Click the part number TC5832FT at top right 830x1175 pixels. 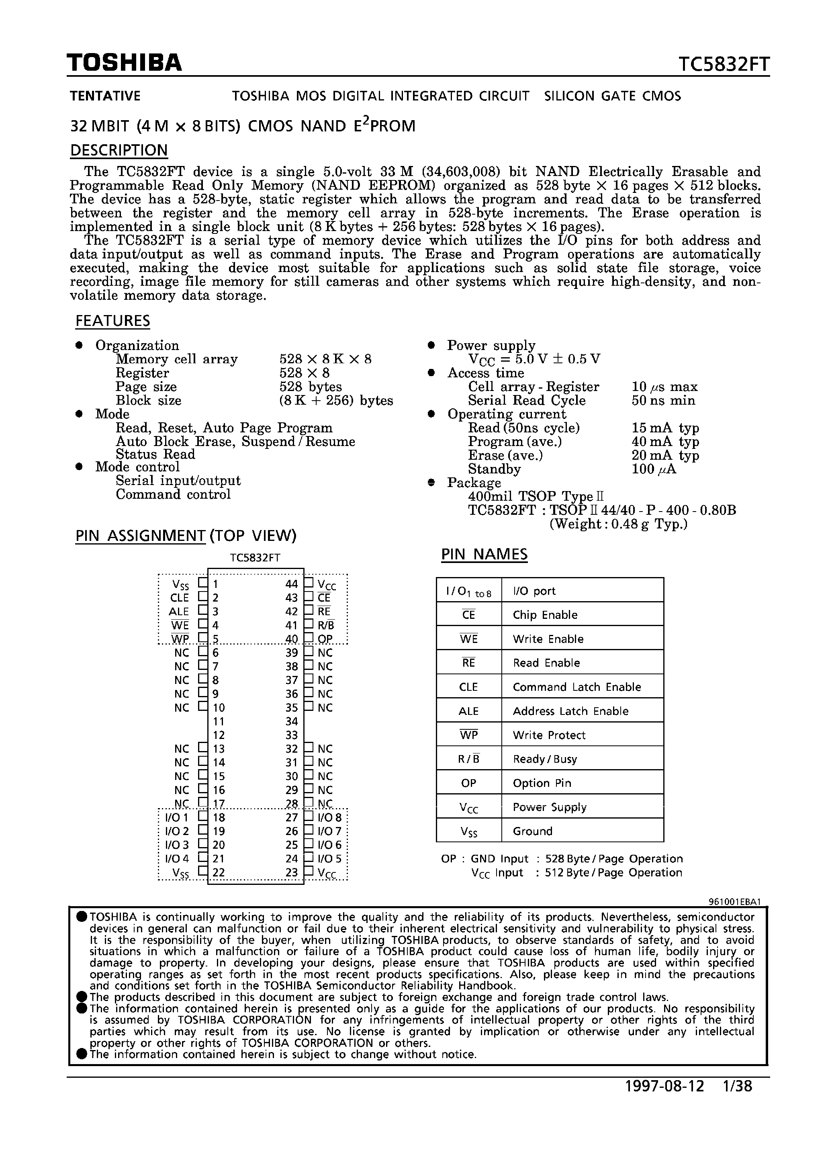click(724, 65)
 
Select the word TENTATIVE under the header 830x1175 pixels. click(105, 96)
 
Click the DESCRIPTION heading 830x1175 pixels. click(119, 150)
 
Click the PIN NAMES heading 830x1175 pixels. click(484, 554)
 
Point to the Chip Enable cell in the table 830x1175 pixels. click(545, 615)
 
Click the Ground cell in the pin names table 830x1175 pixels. click(532, 831)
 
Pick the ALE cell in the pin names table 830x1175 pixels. click(468, 711)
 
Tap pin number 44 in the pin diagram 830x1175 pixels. click(292, 584)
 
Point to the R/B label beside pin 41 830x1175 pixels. click(326, 625)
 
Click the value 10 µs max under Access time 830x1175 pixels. click(664, 387)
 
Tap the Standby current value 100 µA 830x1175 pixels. click(654, 469)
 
